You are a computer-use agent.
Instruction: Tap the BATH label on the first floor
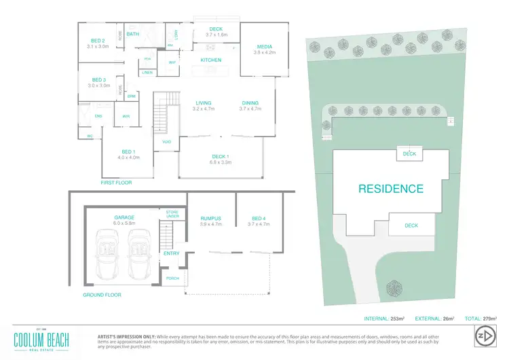[x=132, y=33]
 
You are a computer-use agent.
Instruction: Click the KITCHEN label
[x=211, y=60]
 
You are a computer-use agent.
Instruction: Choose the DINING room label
[x=250, y=103]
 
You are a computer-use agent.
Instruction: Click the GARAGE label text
[x=125, y=217]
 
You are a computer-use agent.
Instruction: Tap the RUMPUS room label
[x=211, y=217]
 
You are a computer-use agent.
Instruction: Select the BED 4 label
[x=259, y=217]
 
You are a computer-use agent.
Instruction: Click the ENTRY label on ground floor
[x=171, y=253]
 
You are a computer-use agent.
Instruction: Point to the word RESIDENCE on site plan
[x=390, y=189]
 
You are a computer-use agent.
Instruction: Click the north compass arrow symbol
[x=483, y=336]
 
